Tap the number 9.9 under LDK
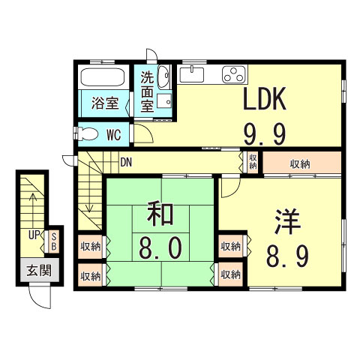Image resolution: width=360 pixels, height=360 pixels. [x=264, y=134]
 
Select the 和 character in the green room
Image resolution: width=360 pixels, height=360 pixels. [x=160, y=214]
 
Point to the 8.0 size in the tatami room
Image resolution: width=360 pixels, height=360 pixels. [x=160, y=248]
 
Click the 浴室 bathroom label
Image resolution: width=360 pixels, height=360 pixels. [x=104, y=103]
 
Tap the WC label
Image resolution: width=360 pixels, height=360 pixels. [x=114, y=136]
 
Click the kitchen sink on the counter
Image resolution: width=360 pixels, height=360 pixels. [x=191, y=74]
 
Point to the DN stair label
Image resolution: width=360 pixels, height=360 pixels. [x=126, y=160]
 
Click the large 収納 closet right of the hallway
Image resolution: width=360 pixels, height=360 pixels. [x=301, y=163]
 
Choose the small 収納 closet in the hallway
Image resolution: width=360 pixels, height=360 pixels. [x=253, y=161]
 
